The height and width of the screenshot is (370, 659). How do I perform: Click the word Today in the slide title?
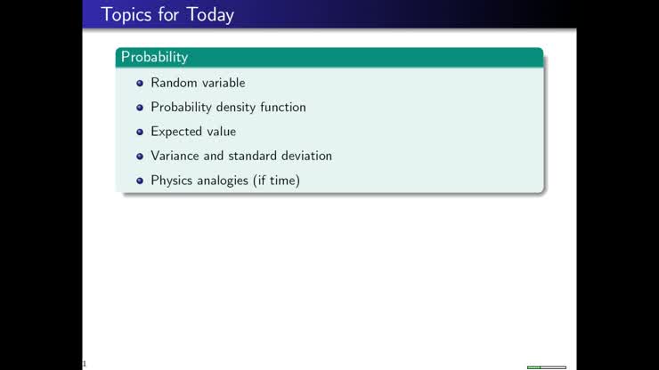pos(210,15)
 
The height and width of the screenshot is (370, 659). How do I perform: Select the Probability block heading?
pos(155,57)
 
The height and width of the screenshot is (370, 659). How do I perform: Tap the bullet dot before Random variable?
pos(140,84)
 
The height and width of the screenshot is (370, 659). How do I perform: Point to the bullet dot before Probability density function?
pos(140,108)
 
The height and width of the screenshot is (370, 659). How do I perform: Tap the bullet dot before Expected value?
pos(140,132)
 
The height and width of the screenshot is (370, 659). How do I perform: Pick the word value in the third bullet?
pos(221,132)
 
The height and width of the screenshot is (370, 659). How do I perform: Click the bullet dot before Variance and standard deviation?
pos(140,156)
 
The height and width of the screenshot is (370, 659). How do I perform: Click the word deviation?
pos(307,156)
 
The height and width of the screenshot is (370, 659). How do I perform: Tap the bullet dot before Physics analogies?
pos(140,181)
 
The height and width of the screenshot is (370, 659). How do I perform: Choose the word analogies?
pos(225,181)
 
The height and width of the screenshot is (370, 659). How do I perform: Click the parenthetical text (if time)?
pos(278,181)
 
